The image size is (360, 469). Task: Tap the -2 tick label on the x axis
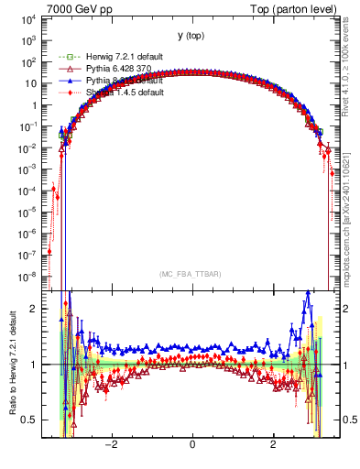(x=111, y=444)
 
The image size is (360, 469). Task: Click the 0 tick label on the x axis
(x=191, y=444)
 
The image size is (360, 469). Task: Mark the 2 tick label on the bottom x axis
(x=273, y=444)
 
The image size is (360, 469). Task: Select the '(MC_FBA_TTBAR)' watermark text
(x=191, y=273)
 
